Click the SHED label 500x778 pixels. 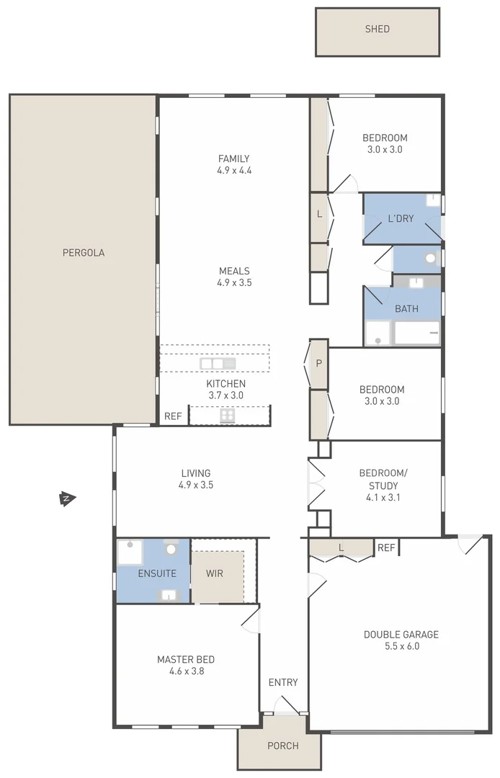pos(377,29)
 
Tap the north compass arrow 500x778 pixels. pos(67,498)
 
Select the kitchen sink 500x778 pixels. pos(218,364)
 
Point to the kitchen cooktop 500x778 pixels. pos(228,415)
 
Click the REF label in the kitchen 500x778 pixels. pos(173,416)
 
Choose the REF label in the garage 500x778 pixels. pos(386,548)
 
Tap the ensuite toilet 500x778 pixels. pos(171,549)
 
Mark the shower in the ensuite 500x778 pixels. pos(130,553)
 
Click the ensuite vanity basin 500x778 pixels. pos(168,595)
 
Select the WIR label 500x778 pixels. pos(215,574)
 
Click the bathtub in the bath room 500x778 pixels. pos(417,334)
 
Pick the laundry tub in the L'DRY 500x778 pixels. pos(432,201)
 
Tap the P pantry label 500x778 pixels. pos(319,364)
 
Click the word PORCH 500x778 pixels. pos(282,746)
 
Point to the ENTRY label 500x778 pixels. pos(282,682)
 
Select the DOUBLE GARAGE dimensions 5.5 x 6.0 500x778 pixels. pos(401,646)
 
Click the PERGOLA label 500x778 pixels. pos(84,253)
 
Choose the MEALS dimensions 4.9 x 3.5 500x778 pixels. pos(234,283)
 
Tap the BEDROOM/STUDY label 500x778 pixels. pos(383,479)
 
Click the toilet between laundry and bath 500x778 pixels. pos(431,259)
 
